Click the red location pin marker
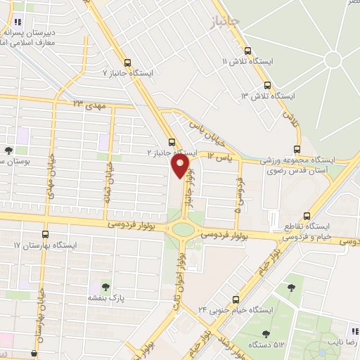coord(180,165)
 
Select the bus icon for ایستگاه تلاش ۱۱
coord(247,51)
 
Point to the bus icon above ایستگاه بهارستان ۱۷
coord(46,235)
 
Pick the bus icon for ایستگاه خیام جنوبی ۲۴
coord(236,299)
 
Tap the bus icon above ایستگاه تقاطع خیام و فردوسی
coord(306,217)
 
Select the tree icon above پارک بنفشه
coord(106,286)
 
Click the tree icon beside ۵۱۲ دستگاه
coord(266,335)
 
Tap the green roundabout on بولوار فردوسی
coord(184,229)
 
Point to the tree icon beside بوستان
coord(9,150)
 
